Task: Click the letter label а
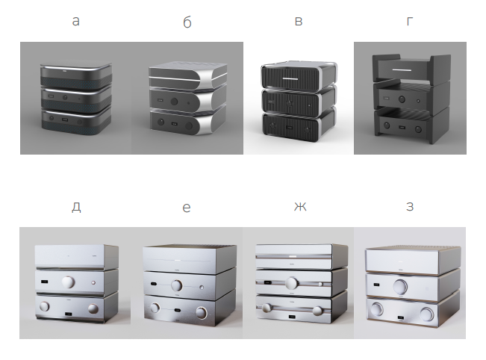(76, 22)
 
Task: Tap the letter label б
(187, 22)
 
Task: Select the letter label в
(298, 22)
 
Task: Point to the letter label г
(409, 22)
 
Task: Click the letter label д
(76, 207)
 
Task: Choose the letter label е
(187, 208)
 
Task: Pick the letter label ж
(300, 206)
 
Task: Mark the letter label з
(410, 206)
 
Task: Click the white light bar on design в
(290, 78)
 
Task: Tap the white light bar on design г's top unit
(402, 70)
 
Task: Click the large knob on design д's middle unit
(68, 282)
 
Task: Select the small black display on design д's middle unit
(44, 282)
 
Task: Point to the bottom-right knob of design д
(93, 308)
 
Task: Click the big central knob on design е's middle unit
(177, 285)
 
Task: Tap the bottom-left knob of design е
(155, 308)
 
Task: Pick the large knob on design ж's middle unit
(291, 283)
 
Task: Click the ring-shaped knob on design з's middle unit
(400, 287)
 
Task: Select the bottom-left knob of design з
(376, 309)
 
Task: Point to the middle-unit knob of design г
(402, 99)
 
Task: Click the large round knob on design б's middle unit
(175, 102)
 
